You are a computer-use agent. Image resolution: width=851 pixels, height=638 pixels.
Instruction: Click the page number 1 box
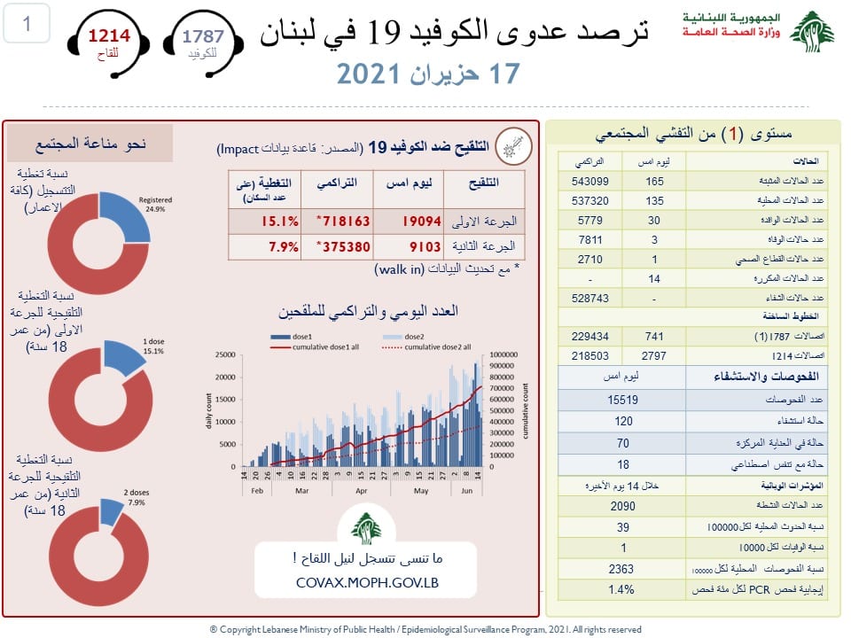pos(27,24)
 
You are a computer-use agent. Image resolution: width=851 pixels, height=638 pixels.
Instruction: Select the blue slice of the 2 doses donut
pos(113,509)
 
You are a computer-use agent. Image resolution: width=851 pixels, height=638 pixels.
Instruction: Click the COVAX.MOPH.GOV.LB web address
pos(366,583)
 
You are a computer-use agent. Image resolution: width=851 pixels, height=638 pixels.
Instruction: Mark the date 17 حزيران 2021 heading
pos(427,74)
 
